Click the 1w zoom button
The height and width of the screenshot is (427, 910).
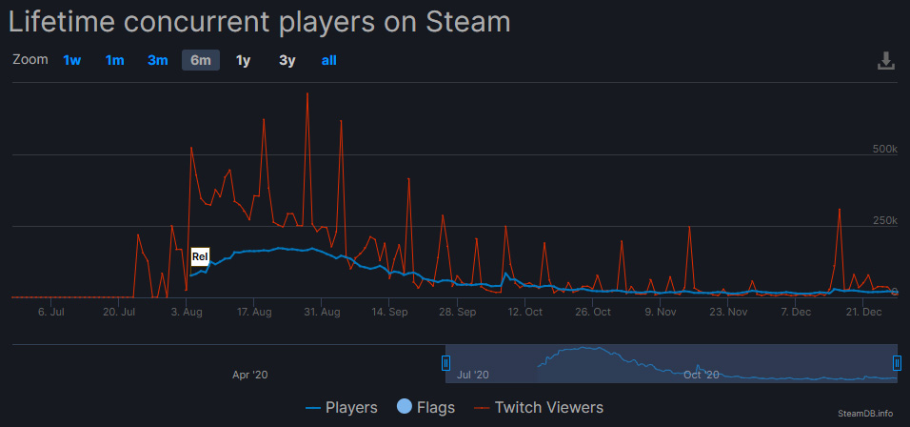(x=72, y=60)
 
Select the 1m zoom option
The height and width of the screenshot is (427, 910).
(x=115, y=60)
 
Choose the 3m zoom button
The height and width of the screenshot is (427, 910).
(x=158, y=60)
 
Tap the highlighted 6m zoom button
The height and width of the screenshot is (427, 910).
(x=201, y=60)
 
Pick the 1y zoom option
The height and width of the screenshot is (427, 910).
(x=244, y=60)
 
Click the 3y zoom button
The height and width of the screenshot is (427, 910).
(x=287, y=60)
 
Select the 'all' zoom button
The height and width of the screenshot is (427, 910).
(x=328, y=60)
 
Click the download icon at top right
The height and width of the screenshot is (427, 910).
(x=885, y=61)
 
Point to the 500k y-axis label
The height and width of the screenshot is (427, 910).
(x=885, y=149)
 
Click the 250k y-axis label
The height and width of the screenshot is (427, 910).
(x=885, y=220)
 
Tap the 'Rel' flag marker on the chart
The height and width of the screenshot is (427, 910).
(x=200, y=255)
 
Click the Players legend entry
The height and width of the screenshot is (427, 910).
(x=341, y=407)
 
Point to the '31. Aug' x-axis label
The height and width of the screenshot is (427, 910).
(x=324, y=312)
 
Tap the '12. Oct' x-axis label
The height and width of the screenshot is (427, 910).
(x=525, y=312)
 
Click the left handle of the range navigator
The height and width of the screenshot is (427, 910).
(x=445, y=362)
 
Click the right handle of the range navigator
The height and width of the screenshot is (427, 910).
(x=897, y=362)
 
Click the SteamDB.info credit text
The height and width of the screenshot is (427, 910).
(x=866, y=414)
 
